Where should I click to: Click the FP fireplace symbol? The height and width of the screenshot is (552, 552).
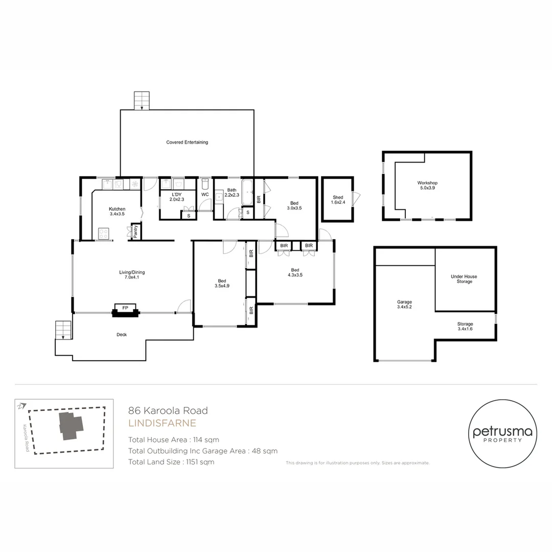click(125, 310)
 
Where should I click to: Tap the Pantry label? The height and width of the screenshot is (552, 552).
click(136, 232)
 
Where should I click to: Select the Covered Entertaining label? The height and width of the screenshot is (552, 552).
click(187, 142)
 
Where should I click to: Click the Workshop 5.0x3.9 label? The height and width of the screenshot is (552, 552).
click(427, 185)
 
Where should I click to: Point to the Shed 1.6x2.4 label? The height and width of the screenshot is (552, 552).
click(338, 200)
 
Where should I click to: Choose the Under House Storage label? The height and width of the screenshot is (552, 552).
click(464, 279)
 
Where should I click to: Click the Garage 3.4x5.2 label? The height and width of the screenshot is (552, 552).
click(404, 304)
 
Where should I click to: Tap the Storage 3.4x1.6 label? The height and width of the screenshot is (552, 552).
click(465, 326)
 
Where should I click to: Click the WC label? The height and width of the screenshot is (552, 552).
click(205, 194)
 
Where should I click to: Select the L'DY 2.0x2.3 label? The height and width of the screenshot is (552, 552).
click(177, 197)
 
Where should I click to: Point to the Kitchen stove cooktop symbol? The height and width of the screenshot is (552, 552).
click(103, 234)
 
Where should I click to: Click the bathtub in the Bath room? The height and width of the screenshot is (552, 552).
click(247, 192)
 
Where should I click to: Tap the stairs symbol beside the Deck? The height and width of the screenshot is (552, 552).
click(63, 330)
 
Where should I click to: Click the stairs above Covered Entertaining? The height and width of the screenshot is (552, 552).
click(142, 101)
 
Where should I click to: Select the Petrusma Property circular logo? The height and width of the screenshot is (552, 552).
click(502, 433)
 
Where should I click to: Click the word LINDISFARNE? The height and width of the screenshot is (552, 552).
click(162, 423)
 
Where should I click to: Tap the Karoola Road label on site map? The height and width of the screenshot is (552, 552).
click(26, 438)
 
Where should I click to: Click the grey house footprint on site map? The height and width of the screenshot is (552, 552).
click(71, 426)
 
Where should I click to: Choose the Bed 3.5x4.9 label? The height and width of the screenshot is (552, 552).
click(222, 283)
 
